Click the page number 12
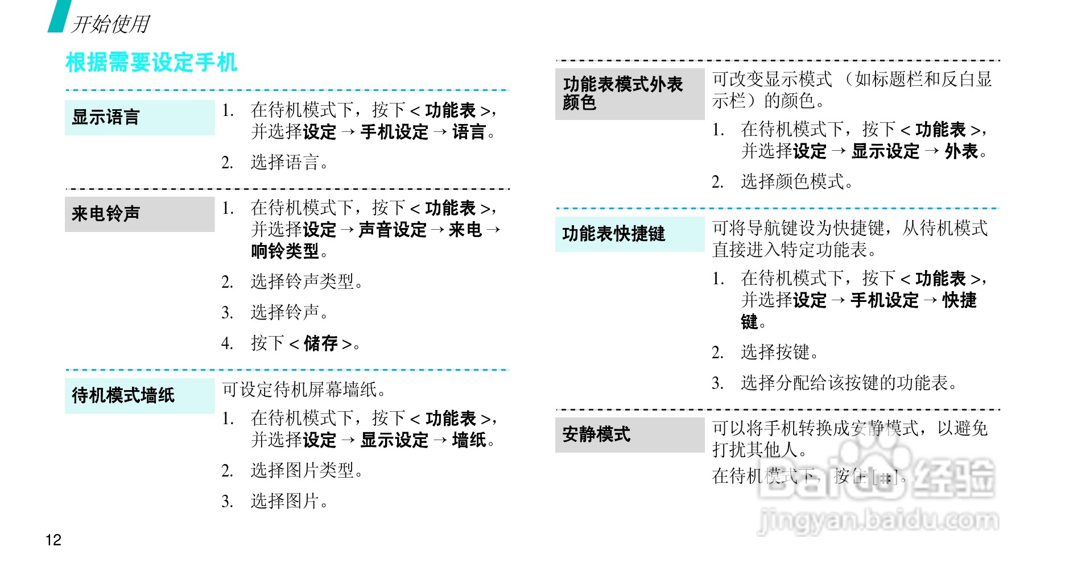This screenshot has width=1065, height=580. coord(53,540)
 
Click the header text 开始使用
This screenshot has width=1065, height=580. coord(110,24)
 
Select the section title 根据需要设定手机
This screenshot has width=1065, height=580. coord(151,63)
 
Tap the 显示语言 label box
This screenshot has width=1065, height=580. coord(139,118)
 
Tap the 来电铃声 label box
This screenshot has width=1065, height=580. coord(139,214)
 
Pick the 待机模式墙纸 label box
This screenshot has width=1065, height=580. coord(139,395)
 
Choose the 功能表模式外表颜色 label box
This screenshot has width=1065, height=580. coord(629,94)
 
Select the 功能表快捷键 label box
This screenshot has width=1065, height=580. coord(629,234)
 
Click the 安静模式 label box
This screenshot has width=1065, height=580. coord(629,435)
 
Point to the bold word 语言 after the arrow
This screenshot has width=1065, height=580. coord(469,132)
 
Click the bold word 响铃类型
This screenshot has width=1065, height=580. coord(285,251)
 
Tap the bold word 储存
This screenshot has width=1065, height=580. coord(320,343)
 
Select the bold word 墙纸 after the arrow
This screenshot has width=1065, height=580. coord(469,440)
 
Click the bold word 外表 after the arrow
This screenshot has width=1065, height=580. coord(961,152)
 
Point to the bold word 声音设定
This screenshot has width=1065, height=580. coord(393,230)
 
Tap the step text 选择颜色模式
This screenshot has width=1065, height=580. coord(792,182)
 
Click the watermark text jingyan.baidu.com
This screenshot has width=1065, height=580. coord(878,519)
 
